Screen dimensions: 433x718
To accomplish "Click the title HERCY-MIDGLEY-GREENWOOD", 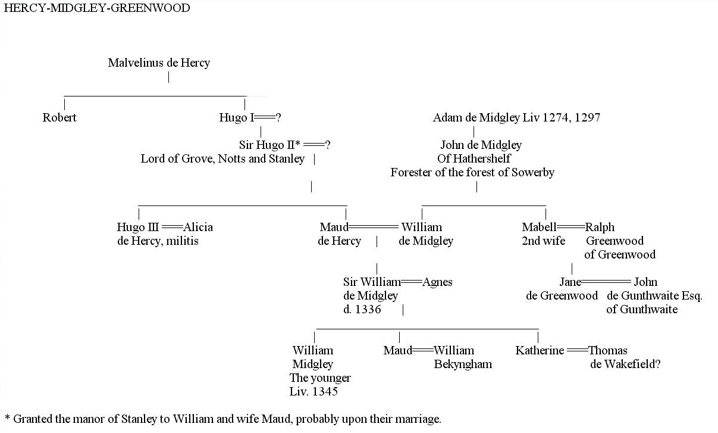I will (x=97, y=8).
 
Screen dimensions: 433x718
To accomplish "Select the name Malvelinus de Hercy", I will (x=159, y=63).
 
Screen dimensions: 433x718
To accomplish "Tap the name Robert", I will (x=59, y=117).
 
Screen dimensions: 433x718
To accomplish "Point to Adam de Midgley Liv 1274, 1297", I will (x=516, y=117).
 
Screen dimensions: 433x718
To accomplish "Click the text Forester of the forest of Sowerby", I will (x=472, y=173).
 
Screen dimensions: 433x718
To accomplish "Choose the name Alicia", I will (x=198, y=227).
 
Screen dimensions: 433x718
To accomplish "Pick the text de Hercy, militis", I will (x=158, y=241).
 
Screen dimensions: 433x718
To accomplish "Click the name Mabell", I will (x=539, y=227).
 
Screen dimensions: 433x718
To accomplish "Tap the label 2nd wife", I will (x=544, y=241).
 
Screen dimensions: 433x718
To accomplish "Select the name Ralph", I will (x=600, y=227).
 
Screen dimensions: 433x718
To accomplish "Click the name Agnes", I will (x=437, y=282).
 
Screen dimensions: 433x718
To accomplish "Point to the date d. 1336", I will (x=362, y=309).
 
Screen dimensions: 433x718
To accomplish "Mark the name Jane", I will (x=570, y=282).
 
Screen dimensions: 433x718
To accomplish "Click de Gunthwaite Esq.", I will (x=654, y=295).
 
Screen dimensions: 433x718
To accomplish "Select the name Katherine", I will (x=540, y=350).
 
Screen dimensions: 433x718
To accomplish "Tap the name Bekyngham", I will (x=463, y=364).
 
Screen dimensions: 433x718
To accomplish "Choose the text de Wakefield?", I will (x=625, y=364).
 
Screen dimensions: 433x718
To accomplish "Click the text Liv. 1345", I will (x=313, y=391).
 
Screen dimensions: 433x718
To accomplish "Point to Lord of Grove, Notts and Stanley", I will (x=222, y=158).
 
